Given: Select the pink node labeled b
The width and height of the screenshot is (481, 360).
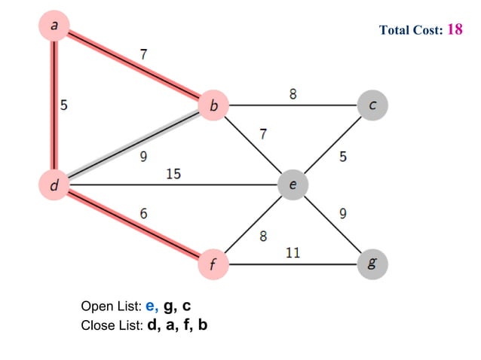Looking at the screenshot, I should pyautogui.click(x=213, y=107).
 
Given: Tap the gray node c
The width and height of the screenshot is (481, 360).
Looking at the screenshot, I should pyautogui.click(x=372, y=105).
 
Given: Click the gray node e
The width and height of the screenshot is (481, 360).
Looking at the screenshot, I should pyautogui.click(x=293, y=184).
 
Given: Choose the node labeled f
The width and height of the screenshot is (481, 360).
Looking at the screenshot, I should pyautogui.click(x=213, y=264).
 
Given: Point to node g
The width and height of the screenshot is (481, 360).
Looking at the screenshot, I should pyautogui.click(x=372, y=264).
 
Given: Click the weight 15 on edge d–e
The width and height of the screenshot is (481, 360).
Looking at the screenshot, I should pyautogui.click(x=173, y=174).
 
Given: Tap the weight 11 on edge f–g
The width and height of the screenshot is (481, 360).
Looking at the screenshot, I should pyautogui.click(x=293, y=253).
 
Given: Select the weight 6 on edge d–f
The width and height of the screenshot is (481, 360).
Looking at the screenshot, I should pyautogui.click(x=143, y=214).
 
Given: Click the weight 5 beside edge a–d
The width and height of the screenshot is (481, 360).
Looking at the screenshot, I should pyautogui.click(x=64, y=106).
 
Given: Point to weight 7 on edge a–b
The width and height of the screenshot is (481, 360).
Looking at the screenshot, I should pyautogui.click(x=143, y=53).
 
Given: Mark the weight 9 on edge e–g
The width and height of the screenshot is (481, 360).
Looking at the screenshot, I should pyautogui.click(x=343, y=214).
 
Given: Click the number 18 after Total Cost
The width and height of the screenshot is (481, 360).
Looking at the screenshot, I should pyautogui.click(x=455, y=29).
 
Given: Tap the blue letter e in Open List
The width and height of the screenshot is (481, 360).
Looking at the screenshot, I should pyautogui.click(x=151, y=307).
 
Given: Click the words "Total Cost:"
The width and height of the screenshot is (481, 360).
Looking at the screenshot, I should pyautogui.click(x=412, y=31).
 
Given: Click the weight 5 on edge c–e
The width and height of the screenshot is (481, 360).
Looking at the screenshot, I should pyautogui.click(x=343, y=157).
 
